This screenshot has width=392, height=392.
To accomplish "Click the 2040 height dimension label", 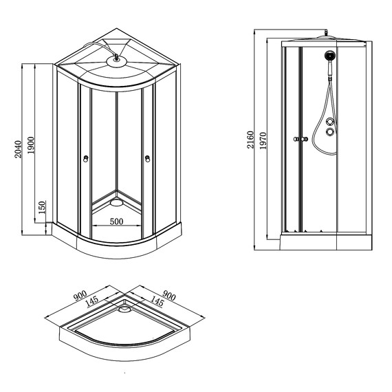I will pyautogui.click(x=19, y=144).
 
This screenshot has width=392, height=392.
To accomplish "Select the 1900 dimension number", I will pyautogui.click(x=32, y=144).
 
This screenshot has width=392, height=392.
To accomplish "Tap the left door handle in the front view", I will pyautogui.click(x=85, y=160).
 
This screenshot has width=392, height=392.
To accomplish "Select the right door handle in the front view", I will pyautogui.click(x=147, y=160).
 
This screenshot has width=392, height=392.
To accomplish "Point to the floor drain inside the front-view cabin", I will pyautogui.click(x=115, y=202).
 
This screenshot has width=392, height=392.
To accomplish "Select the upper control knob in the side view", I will pyautogui.click(x=331, y=122).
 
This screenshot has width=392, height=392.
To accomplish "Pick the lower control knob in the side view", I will pyautogui.click(x=331, y=133).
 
